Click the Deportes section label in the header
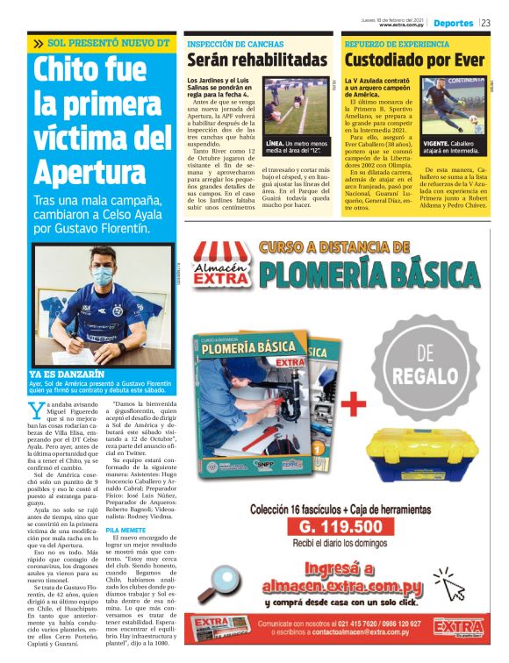click(x=453, y=23)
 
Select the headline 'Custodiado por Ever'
click(x=414, y=61)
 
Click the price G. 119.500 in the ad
click(x=341, y=527)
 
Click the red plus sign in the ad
click(x=353, y=404)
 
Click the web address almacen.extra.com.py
click(x=339, y=583)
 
